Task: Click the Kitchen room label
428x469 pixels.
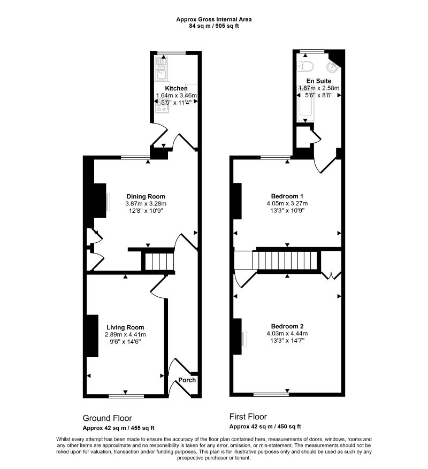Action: [177, 88]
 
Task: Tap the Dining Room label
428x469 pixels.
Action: [146, 196]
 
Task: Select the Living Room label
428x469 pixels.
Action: [125, 327]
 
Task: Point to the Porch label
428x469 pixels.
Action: [187, 380]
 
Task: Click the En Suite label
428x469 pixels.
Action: [319, 81]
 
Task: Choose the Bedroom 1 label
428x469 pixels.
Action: [287, 196]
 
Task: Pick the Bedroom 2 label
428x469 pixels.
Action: [287, 326]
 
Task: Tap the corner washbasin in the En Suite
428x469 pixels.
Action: [332, 67]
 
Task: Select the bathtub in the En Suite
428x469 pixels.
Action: [305, 104]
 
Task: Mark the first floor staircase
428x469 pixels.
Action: [284, 260]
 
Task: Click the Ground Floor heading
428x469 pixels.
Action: [107, 418]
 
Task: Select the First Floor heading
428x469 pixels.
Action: [248, 417]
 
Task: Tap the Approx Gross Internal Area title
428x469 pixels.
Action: [213, 19]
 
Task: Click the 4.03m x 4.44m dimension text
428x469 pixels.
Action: [287, 334]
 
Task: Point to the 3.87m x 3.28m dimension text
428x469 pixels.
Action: [146, 204]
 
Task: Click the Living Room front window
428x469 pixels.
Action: [126, 396]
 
